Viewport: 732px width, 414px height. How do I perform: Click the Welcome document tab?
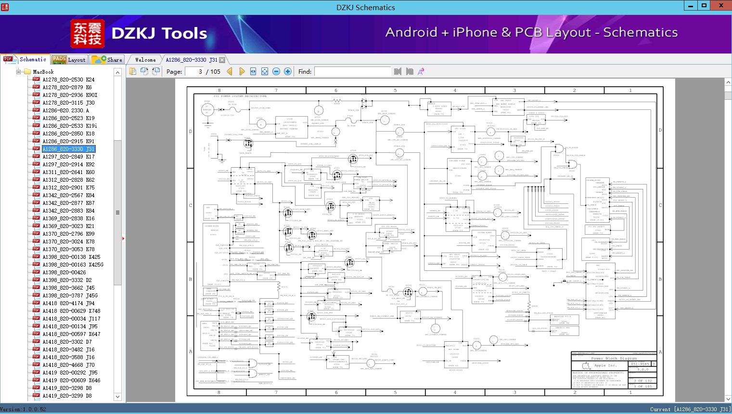pos(145,60)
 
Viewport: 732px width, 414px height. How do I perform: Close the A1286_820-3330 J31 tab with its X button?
pos(222,60)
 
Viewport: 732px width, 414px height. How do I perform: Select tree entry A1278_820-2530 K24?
pos(68,80)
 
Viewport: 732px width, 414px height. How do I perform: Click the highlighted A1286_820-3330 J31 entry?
pos(68,149)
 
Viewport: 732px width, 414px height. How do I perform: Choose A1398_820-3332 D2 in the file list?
pos(67,280)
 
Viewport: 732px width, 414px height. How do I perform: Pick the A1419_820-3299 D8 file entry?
pos(67,396)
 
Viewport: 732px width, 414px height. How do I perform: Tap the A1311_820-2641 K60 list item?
pos(68,172)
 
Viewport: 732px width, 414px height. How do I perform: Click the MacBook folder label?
pos(43,72)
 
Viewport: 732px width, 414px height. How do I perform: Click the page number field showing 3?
pos(194,71)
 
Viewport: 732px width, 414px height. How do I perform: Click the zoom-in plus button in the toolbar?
pos(288,71)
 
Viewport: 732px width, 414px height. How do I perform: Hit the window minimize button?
pos(691,6)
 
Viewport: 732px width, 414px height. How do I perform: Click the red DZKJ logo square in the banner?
pos(87,34)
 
